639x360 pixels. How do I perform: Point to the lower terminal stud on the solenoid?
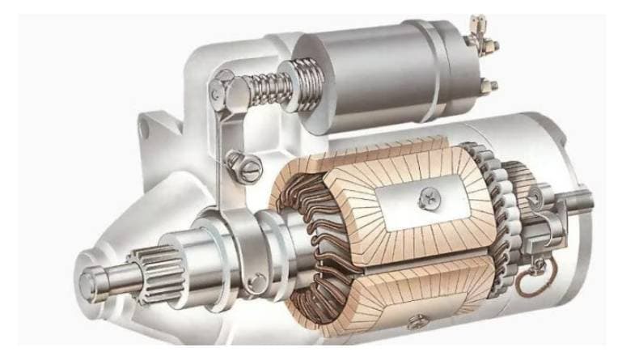pyautogui.click(x=487, y=85)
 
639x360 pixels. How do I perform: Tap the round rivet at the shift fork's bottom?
pyautogui.click(x=256, y=282)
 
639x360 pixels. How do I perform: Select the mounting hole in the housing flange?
pyautogui.click(x=149, y=126)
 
